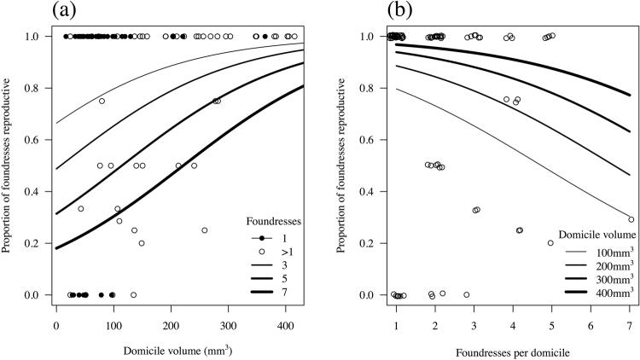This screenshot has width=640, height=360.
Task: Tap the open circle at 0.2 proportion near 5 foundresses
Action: (x=550, y=243)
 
